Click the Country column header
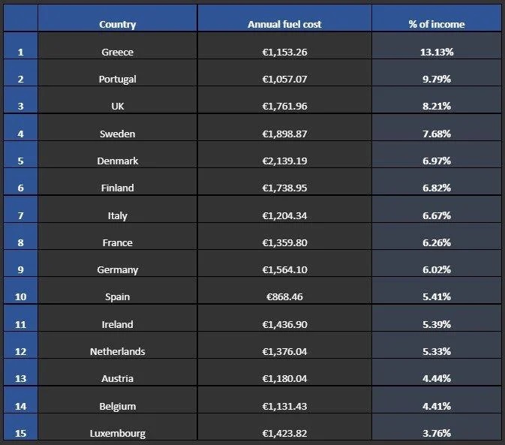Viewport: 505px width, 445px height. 117,24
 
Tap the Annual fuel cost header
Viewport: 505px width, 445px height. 284,24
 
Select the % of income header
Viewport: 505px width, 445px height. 436,24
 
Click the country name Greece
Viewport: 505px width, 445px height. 117,52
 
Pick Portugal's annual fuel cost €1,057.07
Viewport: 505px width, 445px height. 284,79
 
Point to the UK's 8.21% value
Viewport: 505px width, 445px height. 436,106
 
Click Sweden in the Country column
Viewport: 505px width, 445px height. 117,134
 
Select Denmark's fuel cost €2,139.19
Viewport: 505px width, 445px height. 284,161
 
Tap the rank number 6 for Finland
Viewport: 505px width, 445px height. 20,188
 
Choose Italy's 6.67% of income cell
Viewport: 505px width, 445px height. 436,215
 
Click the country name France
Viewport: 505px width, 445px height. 117,242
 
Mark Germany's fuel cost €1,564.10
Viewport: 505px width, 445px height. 284,269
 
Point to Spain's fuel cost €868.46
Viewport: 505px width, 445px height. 284,296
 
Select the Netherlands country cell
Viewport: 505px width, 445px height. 117,351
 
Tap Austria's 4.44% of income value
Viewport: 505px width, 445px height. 436,378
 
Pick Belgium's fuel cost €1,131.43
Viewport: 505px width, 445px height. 284,406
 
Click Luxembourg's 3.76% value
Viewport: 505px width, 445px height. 436,433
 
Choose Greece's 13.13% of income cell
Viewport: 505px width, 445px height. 436,52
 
